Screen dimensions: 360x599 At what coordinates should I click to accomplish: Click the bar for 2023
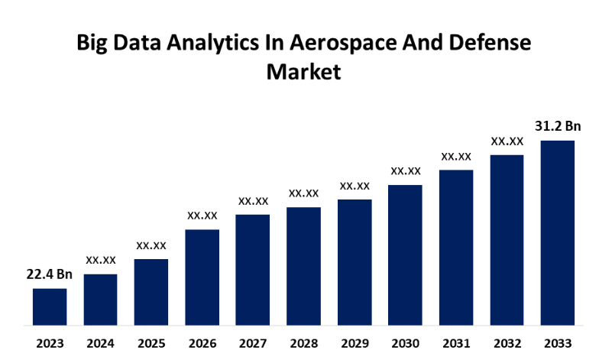point(50,305)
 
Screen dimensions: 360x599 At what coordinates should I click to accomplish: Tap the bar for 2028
point(303,264)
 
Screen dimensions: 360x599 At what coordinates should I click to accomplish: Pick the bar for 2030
point(405,253)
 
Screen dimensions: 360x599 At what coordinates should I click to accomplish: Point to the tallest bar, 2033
point(557,231)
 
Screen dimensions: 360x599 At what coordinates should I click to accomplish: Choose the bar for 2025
point(151,290)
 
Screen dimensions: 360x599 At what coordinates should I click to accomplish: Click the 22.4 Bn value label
point(50,274)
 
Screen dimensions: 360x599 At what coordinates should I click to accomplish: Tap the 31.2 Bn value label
point(558,126)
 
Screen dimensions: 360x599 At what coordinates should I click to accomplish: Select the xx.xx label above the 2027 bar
point(253,201)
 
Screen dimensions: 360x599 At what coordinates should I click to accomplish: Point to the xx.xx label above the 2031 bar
point(456,156)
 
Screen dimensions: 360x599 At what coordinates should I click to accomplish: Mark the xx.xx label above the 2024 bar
point(101,260)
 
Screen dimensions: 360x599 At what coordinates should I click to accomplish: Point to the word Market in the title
point(303,73)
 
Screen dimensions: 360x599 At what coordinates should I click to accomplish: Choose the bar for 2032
point(507,238)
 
